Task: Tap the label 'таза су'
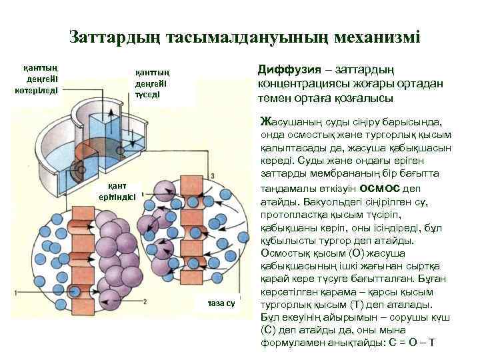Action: [x=221, y=303]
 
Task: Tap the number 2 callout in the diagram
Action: [x=145, y=301]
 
